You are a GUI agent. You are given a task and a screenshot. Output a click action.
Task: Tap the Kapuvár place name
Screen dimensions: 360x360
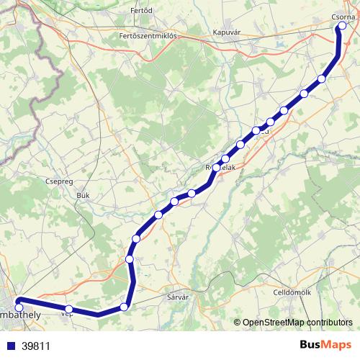[x=227, y=32]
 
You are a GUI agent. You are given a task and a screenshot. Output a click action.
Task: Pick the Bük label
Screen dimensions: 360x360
[x=83, y=195]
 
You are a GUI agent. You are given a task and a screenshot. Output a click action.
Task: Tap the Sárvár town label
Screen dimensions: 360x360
[x=177, y=297]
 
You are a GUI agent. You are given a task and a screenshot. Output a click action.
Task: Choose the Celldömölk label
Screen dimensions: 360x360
[x=292, y=292]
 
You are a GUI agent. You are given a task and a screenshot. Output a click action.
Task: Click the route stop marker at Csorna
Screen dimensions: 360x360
[x=342, y=27]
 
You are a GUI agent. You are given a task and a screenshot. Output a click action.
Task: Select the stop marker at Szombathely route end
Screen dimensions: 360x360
[x=19, y=307]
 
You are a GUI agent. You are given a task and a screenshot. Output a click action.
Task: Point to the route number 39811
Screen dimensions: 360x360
[x=35, y=346]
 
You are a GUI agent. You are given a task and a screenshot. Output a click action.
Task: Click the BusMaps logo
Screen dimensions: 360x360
[x=325, y=345]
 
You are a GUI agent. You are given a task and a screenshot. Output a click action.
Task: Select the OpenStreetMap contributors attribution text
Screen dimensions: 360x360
[x=297, y=323]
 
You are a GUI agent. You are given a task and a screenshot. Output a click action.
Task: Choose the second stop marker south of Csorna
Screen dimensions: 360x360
[x=304, y=94]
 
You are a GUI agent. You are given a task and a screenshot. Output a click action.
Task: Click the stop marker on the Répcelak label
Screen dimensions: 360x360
[x=215, y=167]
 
